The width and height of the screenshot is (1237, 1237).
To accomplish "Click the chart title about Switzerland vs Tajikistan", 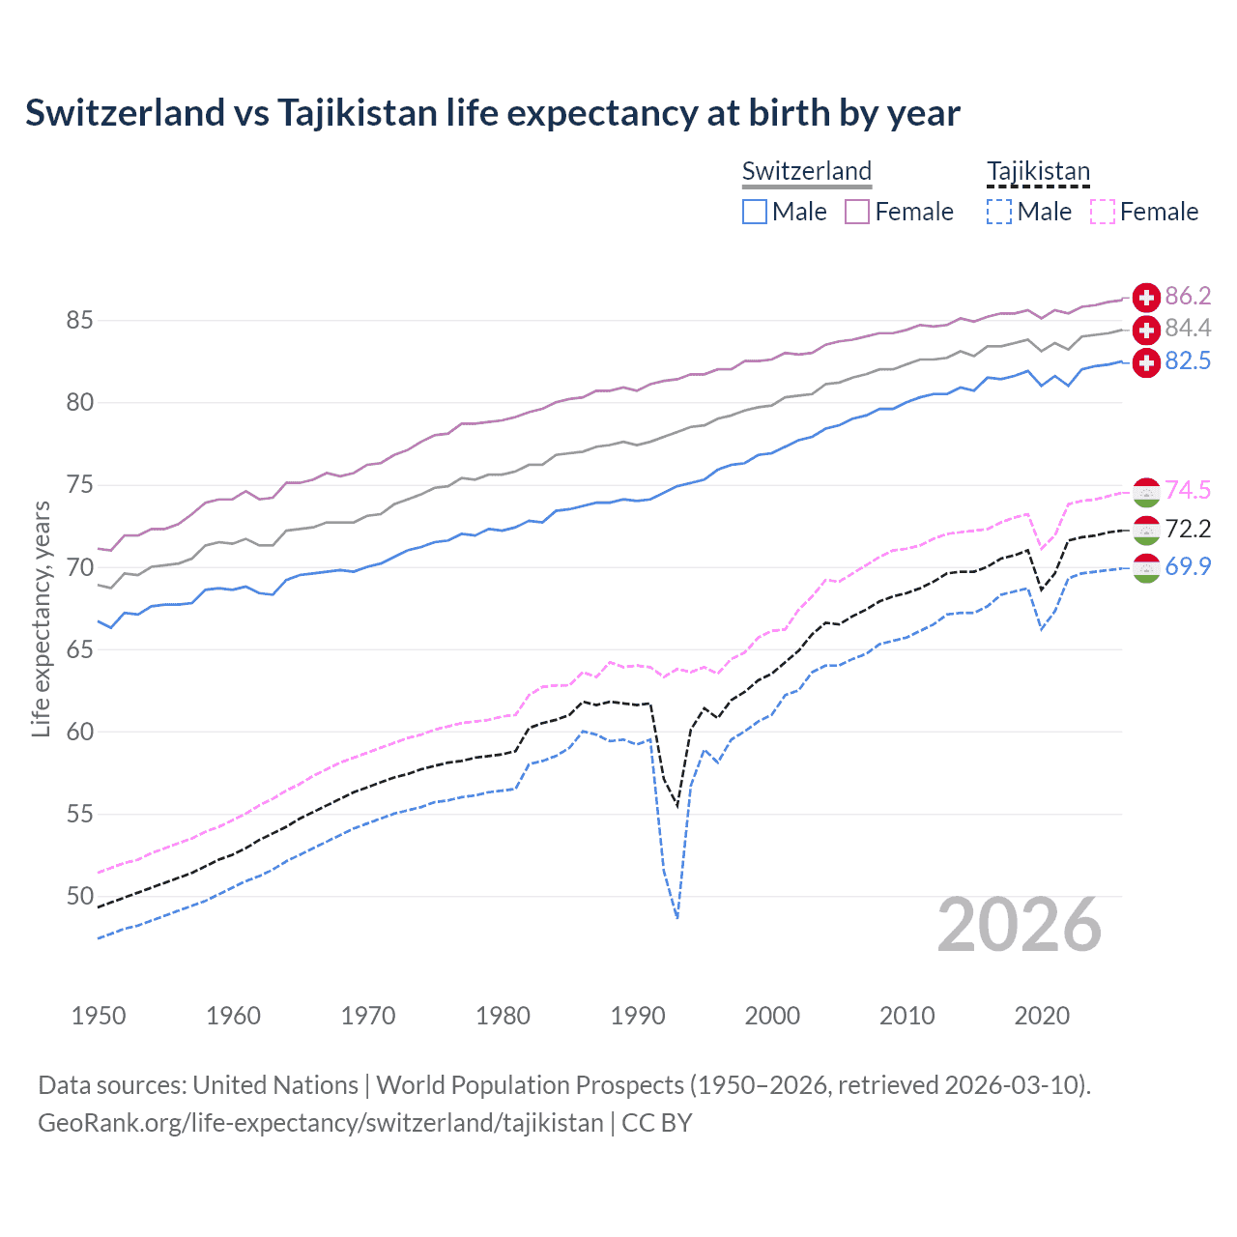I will click(x=493, y=113).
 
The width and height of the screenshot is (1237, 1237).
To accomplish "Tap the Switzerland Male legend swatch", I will click(x=755, y=212).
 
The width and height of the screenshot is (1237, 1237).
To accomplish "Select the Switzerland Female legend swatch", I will click(x=857, y=212).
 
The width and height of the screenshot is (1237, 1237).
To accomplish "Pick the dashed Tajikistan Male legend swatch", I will click(x=999, y=212).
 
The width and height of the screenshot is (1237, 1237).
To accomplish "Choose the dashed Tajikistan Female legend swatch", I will click(x=1102, y=212).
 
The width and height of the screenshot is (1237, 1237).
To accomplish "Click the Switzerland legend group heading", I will click(x=807, y=171).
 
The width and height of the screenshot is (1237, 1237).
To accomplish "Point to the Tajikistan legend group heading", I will click(x=1038, y=171).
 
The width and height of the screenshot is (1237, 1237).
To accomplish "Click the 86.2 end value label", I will click(x=1188, y=296).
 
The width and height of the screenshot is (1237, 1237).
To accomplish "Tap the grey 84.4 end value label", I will click(x=1188, y=329).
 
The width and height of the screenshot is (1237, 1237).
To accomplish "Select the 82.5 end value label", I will click(x=1188, y=361).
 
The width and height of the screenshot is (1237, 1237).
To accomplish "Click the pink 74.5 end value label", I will click(x=1188, y=491).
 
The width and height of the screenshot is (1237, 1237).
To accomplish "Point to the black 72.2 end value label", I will click(x=1188, y=529).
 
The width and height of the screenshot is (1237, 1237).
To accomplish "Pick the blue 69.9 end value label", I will click(x=1188, y=566).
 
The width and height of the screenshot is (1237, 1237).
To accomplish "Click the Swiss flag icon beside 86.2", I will click(x=1146, y=297).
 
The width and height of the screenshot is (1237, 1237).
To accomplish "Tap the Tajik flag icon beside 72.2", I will click(x=1146, y=530).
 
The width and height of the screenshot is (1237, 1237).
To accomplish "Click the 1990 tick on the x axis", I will click(x=638, y=1016).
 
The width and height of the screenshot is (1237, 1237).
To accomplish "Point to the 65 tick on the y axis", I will click(x=80, y=649).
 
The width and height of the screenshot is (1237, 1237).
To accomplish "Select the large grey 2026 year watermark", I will click(x=1020, y=926).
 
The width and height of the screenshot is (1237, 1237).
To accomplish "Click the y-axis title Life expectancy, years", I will click(x=41, y=618).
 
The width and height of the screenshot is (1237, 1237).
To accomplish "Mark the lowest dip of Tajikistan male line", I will click(x=677, y=917).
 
